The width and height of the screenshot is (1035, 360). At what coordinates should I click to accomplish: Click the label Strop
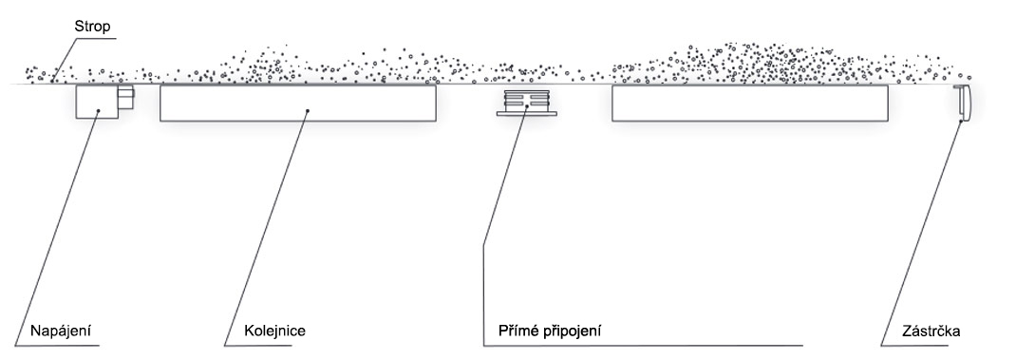(92, 28)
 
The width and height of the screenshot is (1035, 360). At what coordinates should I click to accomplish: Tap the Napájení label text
(59, 331)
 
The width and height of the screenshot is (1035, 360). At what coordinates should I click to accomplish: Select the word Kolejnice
(274, 331)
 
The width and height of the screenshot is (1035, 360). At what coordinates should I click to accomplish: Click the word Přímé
(516, 331)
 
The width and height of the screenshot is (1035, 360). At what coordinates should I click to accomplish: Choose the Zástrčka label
(931, 331)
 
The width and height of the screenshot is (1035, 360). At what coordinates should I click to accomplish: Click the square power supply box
(97, 102)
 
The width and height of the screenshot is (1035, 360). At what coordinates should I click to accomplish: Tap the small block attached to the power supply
(125, 98)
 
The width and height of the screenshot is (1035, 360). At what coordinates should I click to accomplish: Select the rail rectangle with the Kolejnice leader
(298, 103)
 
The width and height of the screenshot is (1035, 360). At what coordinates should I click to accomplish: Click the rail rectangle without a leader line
(749, 103)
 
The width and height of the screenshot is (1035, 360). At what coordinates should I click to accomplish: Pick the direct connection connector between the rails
(526, 104)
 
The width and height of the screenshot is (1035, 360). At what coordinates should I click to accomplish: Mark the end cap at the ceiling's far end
(963, 103)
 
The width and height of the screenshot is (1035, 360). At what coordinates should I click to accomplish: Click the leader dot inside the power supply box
(99, 111)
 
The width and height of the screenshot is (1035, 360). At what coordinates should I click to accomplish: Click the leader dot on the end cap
(961, 118)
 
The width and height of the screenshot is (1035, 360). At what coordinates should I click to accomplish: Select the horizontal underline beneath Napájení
(57, 346)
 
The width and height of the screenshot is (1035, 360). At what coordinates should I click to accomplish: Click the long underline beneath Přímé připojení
(643, 346)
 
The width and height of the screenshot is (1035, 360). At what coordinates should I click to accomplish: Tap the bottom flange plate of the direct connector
(526, 114)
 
